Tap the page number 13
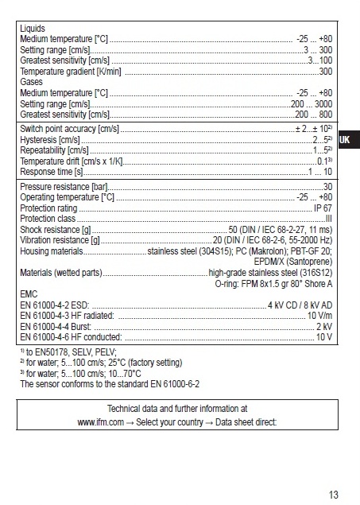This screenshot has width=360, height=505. point(334,494)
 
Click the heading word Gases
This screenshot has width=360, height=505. point(31,82)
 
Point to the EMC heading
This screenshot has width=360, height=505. point(29,294)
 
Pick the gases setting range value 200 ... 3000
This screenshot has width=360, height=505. point(312,104)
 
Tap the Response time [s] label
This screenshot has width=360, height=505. point(52,172)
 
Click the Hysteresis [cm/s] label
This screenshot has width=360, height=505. point(50,139)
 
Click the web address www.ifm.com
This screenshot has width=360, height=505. point(100,422)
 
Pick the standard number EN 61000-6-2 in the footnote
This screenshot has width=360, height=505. point(170,383)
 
